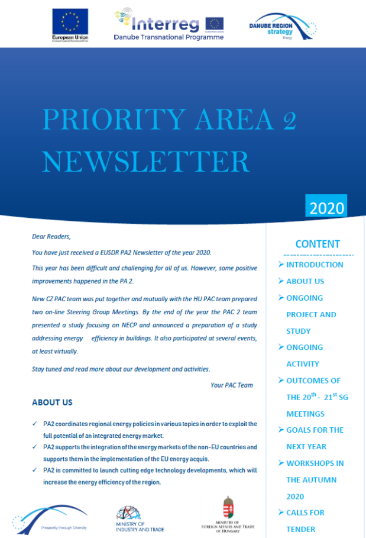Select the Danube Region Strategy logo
282,26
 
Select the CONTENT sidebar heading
318,244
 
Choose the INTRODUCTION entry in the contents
314,265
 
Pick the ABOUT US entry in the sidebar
305,281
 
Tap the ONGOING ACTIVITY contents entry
304,356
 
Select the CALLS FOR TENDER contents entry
305,520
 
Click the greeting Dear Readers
51,237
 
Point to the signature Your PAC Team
231,385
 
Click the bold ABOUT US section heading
52,402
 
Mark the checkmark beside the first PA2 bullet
35,424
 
